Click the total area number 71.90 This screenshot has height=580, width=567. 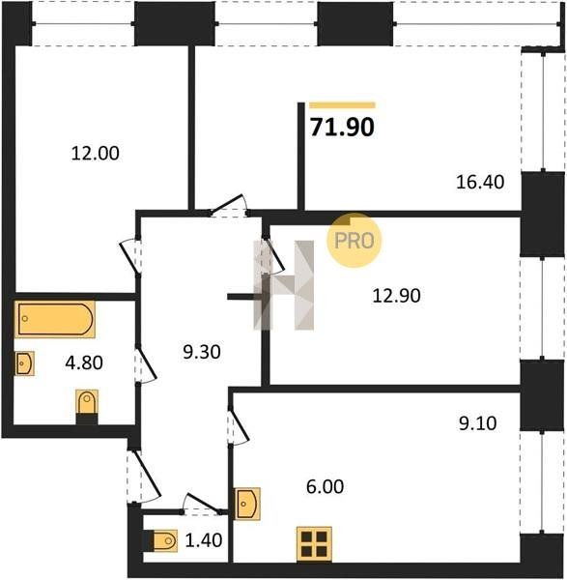pyautogui.click(x=342, y=127)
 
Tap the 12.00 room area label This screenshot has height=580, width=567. pyautogui.click(x=95, y=153)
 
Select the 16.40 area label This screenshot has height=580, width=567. pyautogui.click(x=480, y=182)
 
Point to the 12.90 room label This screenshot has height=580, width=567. pyautogui.click(x=396, y=296)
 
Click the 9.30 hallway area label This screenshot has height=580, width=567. pyautogui.click(x=202, y=352)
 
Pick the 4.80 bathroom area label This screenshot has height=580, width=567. pyautogui.click(x=84, y=362)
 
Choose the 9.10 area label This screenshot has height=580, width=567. pyautogui.click(x=477, y=422)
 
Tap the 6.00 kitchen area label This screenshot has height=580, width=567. pyautogui.click(x=325, y=486)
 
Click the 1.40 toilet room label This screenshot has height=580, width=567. pyautogui.click(x=204, y=540)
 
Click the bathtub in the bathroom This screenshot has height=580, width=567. pyautogui.click(x=55, y=319)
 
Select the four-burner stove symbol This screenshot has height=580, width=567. pyautogui.click(x=314, y=544)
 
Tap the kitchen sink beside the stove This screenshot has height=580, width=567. pyautogui.click(x=247, y=504)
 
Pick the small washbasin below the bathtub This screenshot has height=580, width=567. pyautogui.click(x=24, y=363)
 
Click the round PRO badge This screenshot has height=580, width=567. pyautogui.click(x=354, y=240)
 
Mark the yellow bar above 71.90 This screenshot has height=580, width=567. pyautogui.click(x=342, y=105)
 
